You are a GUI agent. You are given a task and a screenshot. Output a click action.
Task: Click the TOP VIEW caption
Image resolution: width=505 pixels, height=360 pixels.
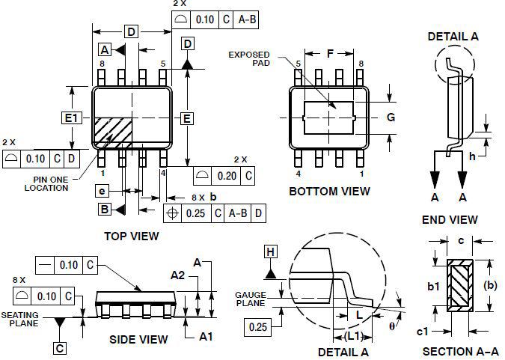pyautogui.click(x=132, y=237)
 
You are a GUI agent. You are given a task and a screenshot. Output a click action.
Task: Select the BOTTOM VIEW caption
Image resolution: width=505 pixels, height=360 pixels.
pyautogui.click(x=329, y=192)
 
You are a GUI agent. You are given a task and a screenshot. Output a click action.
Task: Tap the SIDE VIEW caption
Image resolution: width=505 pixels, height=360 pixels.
pyautogui.click(x=138, y=339)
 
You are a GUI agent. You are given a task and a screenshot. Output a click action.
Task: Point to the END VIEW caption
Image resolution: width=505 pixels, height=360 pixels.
pyautogui.click(x=450, y=220)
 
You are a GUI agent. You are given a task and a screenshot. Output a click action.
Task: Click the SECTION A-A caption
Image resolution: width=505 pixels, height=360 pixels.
pyautogui.click(x=461, y=351)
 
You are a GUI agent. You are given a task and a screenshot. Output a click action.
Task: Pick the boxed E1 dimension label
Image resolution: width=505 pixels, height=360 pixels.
pyautogui.click(x=72, y=118)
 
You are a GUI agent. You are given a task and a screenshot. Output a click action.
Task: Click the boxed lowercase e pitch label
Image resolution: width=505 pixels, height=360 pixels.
pyautogui.click(x=102, y=191)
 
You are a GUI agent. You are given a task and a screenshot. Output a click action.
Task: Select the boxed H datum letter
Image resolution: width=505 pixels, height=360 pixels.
pyautogui.click(x=271, y=251)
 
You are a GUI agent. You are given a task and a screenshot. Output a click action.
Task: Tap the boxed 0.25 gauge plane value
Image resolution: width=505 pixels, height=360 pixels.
pyautogui.click(x=258, y=327)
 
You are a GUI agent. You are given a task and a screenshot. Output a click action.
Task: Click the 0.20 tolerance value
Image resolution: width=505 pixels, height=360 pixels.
pyautogui.click(x=227, y=176)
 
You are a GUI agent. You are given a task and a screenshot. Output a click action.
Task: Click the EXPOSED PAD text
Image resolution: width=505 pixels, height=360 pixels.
pyautogui.click(x=249, y=58)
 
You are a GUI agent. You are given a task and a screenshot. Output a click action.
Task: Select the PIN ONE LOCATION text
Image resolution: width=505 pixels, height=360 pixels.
pyautogui.click(x=46, y=183)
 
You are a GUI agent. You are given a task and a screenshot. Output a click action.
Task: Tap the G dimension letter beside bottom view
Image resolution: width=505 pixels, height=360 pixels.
pyautogui.click(x=391, y=117)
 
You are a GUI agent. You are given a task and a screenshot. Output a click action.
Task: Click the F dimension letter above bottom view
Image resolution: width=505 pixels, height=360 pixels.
pyautogui.click(x=330, y=53)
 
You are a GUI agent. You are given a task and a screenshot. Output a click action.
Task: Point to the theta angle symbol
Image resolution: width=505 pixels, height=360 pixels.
pyautogui.click(x=391, y=326)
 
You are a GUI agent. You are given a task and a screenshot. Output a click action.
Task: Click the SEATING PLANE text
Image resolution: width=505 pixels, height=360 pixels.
pyautogui.click(x=20, y=319)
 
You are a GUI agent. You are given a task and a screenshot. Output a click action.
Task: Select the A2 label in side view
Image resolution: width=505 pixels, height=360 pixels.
pyautogui.click(x=178, y=275)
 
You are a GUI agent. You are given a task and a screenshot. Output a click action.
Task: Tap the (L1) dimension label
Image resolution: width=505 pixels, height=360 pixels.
pyautogui.click(x=353, y=336)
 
